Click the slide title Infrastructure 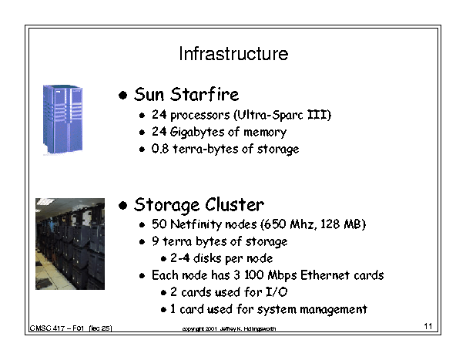233,54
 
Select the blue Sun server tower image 62,119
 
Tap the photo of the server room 70,244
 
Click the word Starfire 204,94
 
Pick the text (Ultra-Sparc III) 283,115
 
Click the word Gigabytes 196,132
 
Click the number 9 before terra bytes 155,241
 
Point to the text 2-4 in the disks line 179,258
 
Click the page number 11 428,326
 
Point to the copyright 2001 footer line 229,328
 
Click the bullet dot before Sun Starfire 122,96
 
